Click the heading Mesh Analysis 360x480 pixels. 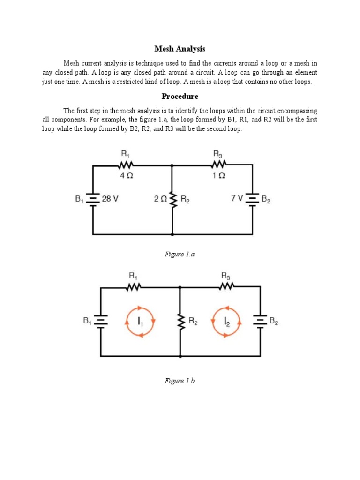point(180,49)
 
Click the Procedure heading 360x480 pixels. point(180,97)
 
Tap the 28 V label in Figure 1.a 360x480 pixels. point(110,199)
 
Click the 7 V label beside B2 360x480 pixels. point(237,199)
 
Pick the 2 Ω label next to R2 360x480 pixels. point(160,199)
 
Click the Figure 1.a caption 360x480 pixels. point(180,254)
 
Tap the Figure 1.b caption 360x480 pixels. point(180,381)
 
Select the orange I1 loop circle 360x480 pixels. point(140,322)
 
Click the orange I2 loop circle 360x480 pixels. point(227,322)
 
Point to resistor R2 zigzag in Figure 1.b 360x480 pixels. point(180,321)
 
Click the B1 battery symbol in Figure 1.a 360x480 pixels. point(93,199)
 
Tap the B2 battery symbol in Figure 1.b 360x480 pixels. point(260,321)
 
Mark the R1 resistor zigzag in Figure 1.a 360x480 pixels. point(127,165)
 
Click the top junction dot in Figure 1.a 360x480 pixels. point(172,165)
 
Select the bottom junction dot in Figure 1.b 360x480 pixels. point(180,356)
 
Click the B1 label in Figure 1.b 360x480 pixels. point(88,321)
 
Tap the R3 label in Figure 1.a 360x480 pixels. point(218,154)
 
